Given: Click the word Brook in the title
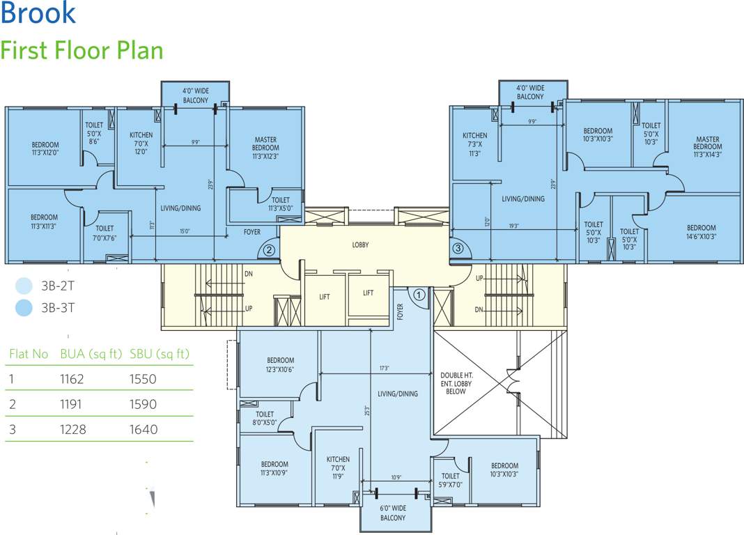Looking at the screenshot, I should pos(38,13).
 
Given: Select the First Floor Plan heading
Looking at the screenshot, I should pos(82,50).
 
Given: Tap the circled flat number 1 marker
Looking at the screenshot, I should pos(419,295).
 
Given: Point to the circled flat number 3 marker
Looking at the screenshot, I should pos(458,247).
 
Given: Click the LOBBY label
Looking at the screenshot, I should pos(360,245).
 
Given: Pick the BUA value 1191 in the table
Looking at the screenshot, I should pos(73,404).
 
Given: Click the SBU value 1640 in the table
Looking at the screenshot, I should pos(143,429).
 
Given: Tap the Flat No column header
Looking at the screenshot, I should pos(29,354).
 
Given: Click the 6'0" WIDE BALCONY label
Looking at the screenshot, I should pos(393,514).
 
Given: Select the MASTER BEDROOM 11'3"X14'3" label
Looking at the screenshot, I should pos(707,147).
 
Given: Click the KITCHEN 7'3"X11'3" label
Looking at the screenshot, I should pos(474,145).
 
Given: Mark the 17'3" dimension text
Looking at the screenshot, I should pos(384,369).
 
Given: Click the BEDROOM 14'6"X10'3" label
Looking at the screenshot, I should pos(701,232).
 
